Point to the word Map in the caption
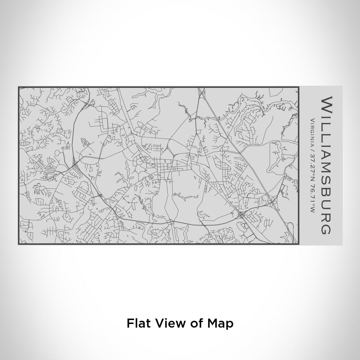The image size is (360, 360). point(220,323)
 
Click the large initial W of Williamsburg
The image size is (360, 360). point(326,104)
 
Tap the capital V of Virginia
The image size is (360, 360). point(312,121)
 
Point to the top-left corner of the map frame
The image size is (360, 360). point(19,87)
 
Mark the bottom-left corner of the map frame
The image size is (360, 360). point(19,244)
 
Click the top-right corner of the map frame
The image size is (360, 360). point(298,87)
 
